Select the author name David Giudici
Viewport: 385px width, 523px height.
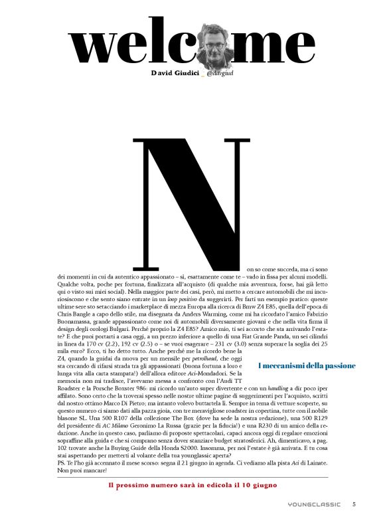click(177, 71)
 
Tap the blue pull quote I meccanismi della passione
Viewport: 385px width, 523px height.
click(306, 366)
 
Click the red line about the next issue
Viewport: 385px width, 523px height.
click(192, 485)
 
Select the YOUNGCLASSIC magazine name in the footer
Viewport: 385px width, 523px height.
click(310, 504)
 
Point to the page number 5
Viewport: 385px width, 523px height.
click(354, 504)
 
